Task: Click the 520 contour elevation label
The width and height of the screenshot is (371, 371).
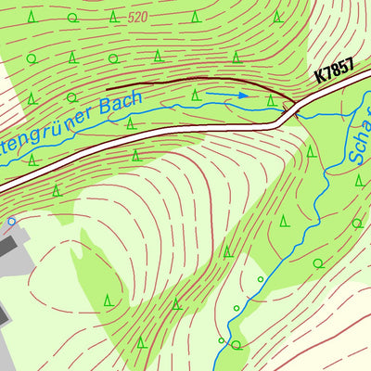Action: coord(137,17)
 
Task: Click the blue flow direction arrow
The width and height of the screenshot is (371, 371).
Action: coord(227,94)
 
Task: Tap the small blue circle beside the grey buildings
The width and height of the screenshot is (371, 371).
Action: coord(11,222)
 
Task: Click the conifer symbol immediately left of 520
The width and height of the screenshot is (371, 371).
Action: coord(113,17)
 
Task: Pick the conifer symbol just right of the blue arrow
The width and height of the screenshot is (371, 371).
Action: coord(271,99)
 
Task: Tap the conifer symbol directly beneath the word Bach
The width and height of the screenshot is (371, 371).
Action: coord(130,122)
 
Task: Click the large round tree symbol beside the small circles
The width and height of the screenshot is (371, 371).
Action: coord(236,345)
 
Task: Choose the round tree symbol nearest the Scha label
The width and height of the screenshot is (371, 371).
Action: coord(357,223)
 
